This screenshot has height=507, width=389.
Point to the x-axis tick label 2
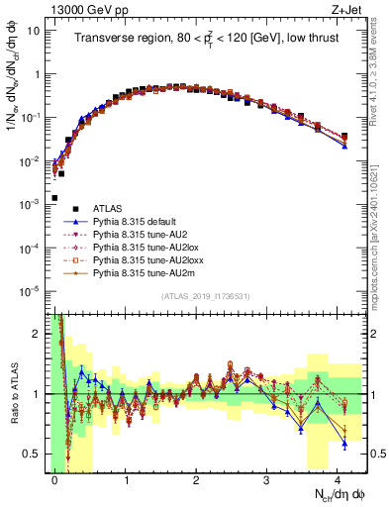197,477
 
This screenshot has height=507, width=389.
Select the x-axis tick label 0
55,477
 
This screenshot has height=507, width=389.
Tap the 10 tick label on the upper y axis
34,30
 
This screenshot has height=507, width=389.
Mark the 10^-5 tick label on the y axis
30,290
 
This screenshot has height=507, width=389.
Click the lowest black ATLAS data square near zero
55,198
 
